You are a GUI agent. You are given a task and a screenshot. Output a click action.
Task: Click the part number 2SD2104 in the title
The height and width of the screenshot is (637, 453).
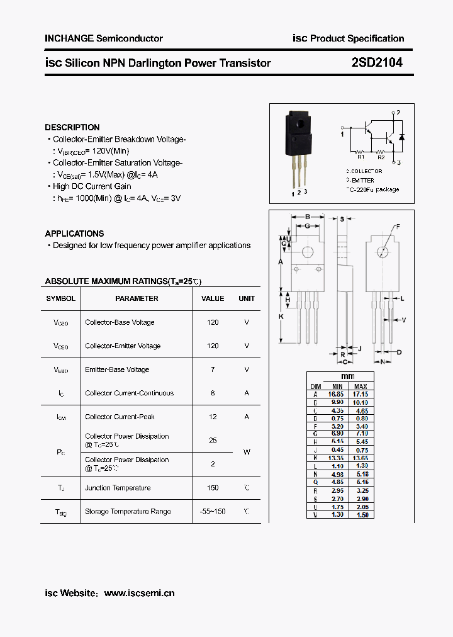pos(377,62)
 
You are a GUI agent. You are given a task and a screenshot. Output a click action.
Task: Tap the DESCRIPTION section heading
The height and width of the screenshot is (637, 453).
pos(72,127)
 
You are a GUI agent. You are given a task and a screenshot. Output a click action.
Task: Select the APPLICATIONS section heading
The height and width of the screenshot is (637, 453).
pos(74,234)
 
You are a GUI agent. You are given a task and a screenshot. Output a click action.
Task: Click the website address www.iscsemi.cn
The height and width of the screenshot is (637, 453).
pos(139,593)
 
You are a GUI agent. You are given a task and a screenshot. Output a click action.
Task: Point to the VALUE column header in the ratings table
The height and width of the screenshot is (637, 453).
pos(213,298)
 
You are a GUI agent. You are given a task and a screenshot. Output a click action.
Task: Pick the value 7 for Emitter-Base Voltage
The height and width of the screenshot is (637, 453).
pos(213,369)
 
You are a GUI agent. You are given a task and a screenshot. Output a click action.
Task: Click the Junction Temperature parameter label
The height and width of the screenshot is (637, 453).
pos(118,488)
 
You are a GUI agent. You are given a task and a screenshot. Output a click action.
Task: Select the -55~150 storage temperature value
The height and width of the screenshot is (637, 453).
pos(213,511)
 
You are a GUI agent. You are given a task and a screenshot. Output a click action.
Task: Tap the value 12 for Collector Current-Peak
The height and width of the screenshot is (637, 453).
pos(213,417)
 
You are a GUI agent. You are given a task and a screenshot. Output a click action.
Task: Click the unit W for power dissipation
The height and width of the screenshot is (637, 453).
pos(247,451)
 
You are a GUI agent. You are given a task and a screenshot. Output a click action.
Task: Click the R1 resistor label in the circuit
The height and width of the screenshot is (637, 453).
pos(361,157)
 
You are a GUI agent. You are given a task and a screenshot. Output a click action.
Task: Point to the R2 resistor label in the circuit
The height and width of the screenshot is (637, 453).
pos(381,157)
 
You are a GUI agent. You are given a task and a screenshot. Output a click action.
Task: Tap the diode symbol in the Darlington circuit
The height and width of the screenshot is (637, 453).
pos(401,136)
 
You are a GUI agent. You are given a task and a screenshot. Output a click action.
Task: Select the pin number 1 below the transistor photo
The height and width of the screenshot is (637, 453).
pos(293,194)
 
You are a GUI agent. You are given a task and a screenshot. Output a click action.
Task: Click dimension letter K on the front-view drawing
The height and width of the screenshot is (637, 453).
pos(281,317)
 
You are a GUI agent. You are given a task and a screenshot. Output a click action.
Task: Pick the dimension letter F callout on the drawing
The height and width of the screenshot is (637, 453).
pos(398,226)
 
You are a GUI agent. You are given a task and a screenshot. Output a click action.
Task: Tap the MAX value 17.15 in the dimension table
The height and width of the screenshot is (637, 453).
pos(361,394)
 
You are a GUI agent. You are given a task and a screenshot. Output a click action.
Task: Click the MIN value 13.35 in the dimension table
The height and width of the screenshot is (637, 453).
pos(337,459)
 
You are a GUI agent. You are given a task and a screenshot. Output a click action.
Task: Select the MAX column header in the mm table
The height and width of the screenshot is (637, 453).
pos(361,386)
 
